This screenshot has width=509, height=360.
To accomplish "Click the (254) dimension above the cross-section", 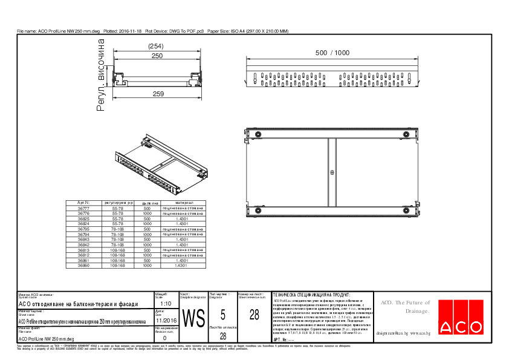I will [x=157, y=47].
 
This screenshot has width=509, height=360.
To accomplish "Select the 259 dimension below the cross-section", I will [x=158, y=94].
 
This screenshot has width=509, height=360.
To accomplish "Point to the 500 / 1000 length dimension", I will [x=332, y=53].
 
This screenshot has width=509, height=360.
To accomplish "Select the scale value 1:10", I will [x=167, y=304].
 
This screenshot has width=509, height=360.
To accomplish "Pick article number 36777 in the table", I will [x=84, y=208].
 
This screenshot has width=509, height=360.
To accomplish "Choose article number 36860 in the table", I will [x=84, y=266].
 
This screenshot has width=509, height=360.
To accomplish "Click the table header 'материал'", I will [x=184, y=203].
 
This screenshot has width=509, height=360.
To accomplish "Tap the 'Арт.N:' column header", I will [x=84, y=203].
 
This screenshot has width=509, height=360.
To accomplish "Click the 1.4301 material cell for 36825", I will [x=183, y=218].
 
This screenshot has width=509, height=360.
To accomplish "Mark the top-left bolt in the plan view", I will [x=258, y=134].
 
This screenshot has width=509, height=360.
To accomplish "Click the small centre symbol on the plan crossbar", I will [x=332, y=173].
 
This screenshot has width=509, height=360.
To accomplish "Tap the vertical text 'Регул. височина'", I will [x=101, y=76].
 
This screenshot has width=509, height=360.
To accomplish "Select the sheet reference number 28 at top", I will [x=254, y=315].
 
